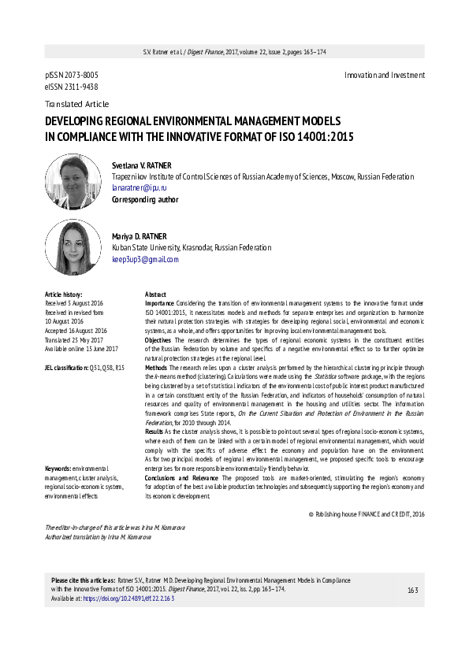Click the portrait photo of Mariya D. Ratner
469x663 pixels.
click(x=73, y=246)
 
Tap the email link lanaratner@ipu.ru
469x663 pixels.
click(x=140, y=189)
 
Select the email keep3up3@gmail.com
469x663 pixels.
click(x=146, y=259)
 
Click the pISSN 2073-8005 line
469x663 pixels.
click(x=72, y=75)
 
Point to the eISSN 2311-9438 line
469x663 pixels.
click(x=72, y=87)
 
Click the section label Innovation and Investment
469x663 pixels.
click(x=385, y=75)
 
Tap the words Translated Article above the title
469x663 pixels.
click(x=77, y=104)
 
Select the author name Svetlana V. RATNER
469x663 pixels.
click(x=147, y=165)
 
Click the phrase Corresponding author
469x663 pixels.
click(x=145, y=200)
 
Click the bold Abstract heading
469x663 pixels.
click(x=156, y=294)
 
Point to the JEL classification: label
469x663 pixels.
click(x=68, y=368)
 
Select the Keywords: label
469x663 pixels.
click(x=61, y=468)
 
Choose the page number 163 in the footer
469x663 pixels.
click(x=412, y=591)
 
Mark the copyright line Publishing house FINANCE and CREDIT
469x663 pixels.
click(x=368, y=513)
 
